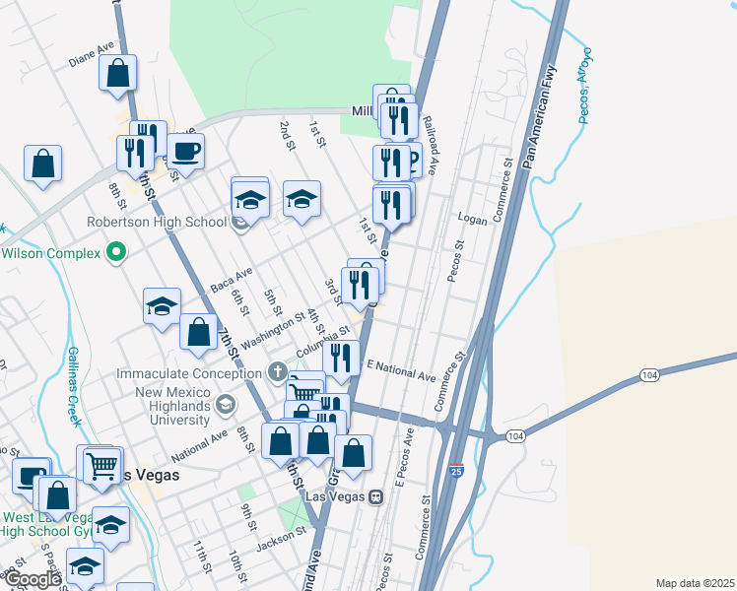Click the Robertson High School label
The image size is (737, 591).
(x=157, y=222)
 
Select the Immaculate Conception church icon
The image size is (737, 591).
(x=279, y=373)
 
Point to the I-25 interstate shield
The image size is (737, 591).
(x=455, y=473)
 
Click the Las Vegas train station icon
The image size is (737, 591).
(x=375, y=496)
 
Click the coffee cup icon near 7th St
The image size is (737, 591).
(x=185, y=151)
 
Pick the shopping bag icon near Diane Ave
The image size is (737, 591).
(x=117, y=74)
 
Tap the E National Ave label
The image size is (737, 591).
(x=400, y=371)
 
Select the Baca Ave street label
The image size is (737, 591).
(x=232, y=280)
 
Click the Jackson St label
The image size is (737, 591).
(x=281, y=539)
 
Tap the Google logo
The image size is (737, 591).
(x=32, y=580)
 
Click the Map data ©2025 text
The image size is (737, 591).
(x=695, y=583)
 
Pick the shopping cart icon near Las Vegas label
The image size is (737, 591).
(x=101, y=466)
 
